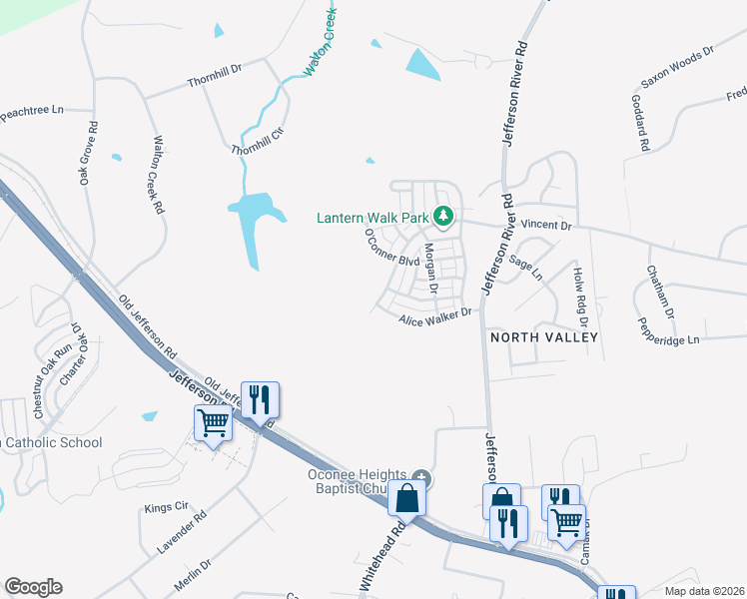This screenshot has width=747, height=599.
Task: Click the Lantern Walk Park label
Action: (x=372, y=217)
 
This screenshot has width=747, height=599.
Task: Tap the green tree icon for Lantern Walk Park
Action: (x=443, y=216)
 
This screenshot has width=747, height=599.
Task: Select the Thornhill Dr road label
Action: (x=215, y=76)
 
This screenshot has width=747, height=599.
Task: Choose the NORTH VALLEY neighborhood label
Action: (x=544, y=337)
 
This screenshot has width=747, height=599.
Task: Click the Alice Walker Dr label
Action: (x=434, y=316)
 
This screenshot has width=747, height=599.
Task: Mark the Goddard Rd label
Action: (x=640, y=123)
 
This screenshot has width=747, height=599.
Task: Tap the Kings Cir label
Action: (x=167, y=508)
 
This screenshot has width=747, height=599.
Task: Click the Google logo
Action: (x=33, y=587)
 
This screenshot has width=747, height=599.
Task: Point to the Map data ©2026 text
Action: (x=704, y=591)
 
